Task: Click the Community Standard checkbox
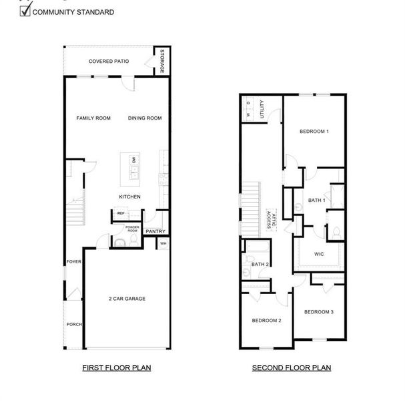pyautogui.click(x=25, y=11)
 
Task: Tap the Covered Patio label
pyautogui.click(x=109, y=61)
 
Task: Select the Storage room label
pyautogui.click(x=162, y=61)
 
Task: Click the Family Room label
pyautogui.click(x=93, y=118)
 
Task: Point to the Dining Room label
pyautogui.click(x=145, y=118)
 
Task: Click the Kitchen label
pyautogui.click(x=129, y=196)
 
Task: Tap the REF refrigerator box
pyautogui.click(x=121, y=213)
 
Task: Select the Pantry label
pyautogui.click(x=155, y=231)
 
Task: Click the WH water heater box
pyautogui.click(x=163, y=243)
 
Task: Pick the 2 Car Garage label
pyautogui.click(x=127, y=298)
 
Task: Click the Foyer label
pyautogui.click(x=73, y=261)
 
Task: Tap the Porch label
pyautogui.click(x=73, y=324)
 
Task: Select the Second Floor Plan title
pyautogui.click(x=292, y=368)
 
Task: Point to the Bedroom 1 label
pyautogui.click(x=314, y=131)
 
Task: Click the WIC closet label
pyautogui.click(x=319, y=254)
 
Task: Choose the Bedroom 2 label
pyautogui.click(x=266, y=320)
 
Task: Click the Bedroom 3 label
pyautogui.click(x=319, y=312)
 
